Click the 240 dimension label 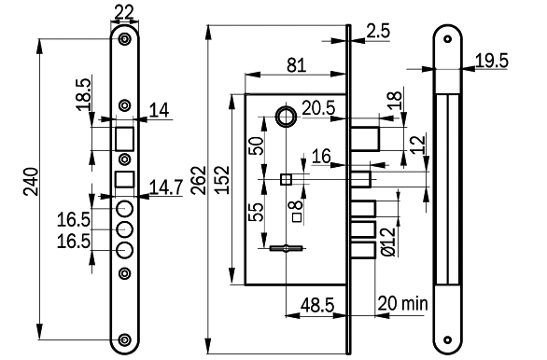31,182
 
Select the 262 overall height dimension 199,180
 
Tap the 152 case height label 222,180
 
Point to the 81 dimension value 297,65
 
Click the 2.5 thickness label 378,31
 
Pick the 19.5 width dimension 492,61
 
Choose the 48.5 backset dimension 317,305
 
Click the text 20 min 402,303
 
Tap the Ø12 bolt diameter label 388,242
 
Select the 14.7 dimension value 166,187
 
